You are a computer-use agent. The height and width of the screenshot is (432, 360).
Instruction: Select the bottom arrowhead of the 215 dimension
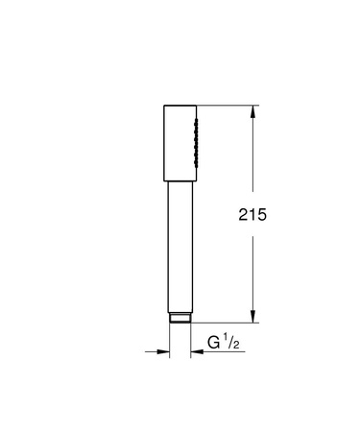coord(253,321)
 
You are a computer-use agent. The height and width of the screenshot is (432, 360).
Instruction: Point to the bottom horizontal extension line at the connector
coord(227,325)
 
